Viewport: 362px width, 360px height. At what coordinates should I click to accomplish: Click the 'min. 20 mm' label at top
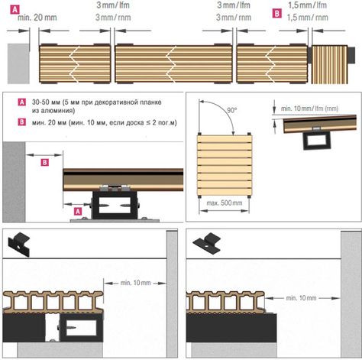(x=37, y=18)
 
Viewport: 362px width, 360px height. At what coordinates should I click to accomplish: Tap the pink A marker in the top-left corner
(x=15, y=10)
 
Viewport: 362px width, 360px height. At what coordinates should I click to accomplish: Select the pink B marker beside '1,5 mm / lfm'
(x=277, y=13)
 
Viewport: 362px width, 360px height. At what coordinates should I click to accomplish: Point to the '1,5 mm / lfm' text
(x=308, y=5)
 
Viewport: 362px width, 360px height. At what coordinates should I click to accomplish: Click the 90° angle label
(x=231, y=110)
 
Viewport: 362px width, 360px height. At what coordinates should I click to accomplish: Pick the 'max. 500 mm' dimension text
(x=225, y=203)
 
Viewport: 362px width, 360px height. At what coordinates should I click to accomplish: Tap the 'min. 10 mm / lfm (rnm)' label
(x=309, y=109)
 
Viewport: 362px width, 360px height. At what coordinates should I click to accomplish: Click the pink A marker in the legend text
(x=22, y=102)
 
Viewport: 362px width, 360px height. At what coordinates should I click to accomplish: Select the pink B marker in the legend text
(x=22, y=122)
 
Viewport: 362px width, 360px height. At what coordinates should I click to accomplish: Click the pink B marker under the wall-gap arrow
(x=45, y=162)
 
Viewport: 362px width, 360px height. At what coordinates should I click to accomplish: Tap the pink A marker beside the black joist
(x=78, y=211)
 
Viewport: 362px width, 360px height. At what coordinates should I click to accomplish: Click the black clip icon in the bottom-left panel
(x=19, y=244)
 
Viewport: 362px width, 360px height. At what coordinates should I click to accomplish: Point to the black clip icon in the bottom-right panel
(x=206, y=243)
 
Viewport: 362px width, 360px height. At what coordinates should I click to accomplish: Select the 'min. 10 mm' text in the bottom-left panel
(x=135, y=283)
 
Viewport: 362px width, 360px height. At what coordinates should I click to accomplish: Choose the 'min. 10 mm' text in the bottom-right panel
(x=301, y=298)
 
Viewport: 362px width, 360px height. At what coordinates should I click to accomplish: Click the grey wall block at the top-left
(x=18, y=63)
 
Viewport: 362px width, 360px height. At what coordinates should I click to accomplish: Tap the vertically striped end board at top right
(x=330, y=64)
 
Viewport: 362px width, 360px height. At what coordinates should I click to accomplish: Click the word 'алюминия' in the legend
(x=53, y=111)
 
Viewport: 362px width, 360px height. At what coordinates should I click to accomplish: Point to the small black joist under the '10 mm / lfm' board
(x=317, y=141)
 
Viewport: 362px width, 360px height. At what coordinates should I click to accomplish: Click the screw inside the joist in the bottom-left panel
(x=72, y=326)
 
